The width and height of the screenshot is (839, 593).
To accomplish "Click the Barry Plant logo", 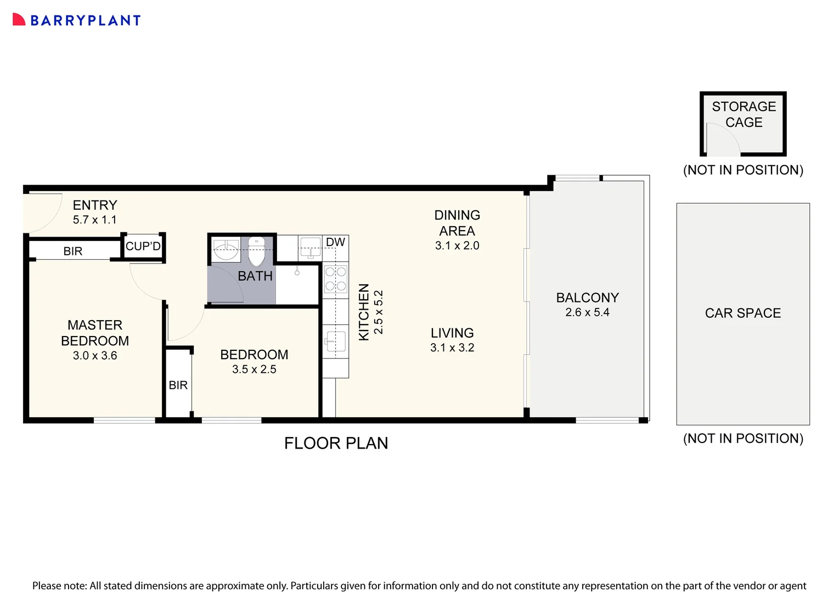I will pos(76,20).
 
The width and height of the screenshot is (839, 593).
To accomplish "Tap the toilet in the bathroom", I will pos(256,251).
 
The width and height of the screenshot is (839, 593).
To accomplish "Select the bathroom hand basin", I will pos(226,251).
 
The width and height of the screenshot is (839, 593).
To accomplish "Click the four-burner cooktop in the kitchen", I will pos(335,278).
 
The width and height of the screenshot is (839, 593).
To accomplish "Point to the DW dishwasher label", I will pos(335,242).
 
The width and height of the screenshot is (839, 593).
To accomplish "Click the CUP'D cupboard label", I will pos(143,247).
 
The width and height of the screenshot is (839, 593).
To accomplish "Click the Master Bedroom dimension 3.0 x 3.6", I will pos(95,356).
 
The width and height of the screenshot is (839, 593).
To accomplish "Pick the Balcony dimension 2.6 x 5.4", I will pos(587,312).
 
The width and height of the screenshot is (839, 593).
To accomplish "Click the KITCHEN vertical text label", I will pos(363,312).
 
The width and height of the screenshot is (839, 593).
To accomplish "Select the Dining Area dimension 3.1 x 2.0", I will pos(457,246).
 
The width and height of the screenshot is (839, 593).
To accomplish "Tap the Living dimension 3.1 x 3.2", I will pos(452,348).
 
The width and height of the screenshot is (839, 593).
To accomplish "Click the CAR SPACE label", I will pos(742,313).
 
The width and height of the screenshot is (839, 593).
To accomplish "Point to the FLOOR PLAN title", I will pos(336,443).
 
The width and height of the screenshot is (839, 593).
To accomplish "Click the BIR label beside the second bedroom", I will pos(178,385).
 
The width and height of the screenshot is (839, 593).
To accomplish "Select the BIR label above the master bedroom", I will pos(72,251).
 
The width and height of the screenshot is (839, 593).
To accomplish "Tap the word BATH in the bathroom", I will pos(255,276).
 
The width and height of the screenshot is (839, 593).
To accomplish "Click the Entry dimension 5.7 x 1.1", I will pos(95,220).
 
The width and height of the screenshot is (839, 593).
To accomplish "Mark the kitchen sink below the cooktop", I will pos(335,342).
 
